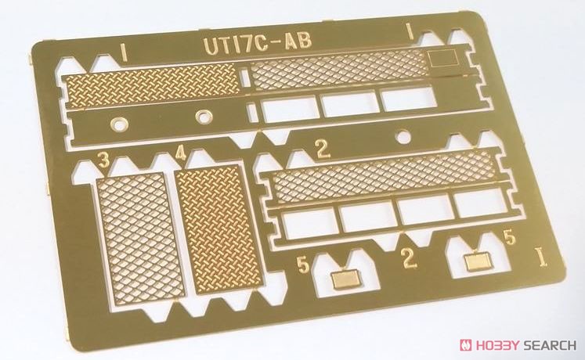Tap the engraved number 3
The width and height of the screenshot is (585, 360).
click(x=103, y=161)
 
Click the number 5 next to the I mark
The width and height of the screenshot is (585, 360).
click(x=510, y=239)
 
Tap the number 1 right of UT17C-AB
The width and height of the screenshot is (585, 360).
click(x=409, y=31)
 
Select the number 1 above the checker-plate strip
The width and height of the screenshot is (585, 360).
click(x=123, y=52)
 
